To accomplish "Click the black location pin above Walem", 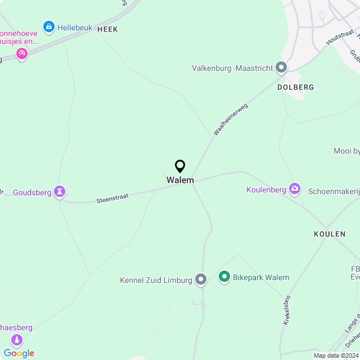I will click(x=180, y=166).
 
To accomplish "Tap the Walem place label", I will click(x=180, y=180).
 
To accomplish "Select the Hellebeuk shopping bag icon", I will click(x=49, y=26).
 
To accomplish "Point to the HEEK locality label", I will click(x=107, y=29).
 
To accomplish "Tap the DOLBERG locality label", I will click(x=295, y=88).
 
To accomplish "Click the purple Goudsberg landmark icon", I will click(x=60, y=192).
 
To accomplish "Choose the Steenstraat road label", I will click(x=112, y=198).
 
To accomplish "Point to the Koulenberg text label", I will click(x=266, y=190).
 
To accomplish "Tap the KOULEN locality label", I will click(x=329, y=233).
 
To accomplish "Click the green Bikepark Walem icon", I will click(x=224, y=277).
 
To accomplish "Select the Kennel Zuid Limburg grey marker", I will click(x=201, y=280).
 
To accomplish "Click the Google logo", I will click(x=19, y=353).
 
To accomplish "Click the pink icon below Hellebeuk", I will click(x=22, y=54).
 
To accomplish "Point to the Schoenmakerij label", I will click(x=334, y=191).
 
